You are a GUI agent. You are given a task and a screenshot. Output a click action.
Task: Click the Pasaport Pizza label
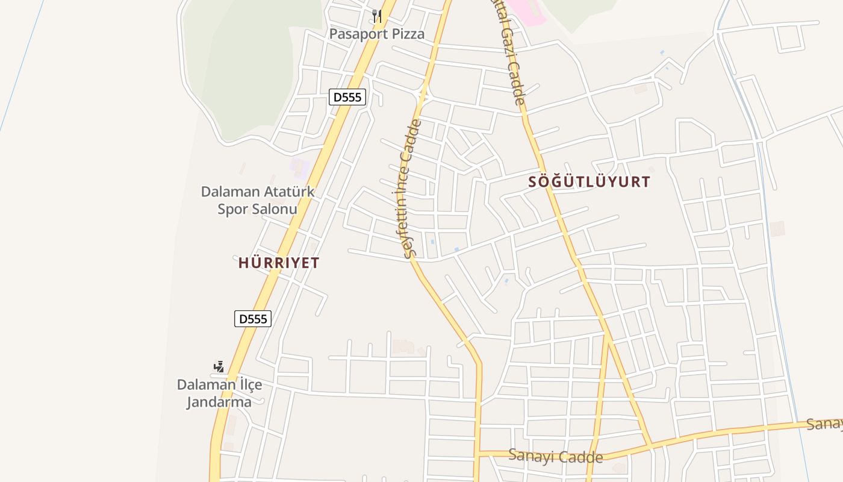coord(376,34)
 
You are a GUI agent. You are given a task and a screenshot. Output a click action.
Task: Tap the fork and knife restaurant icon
coord(377,16)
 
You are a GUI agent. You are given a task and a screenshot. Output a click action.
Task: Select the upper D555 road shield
coord(347,96)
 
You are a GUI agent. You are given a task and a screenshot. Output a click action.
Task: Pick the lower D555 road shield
coord(253,319)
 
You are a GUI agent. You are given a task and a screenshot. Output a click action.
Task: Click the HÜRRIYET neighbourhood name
coord(279,263)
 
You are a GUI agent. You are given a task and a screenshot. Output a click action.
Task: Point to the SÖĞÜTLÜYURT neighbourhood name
coord(589,181)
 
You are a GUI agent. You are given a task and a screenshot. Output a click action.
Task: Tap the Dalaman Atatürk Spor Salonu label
coord(258,200)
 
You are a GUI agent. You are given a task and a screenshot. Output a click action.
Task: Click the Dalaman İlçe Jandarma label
coord(219,393)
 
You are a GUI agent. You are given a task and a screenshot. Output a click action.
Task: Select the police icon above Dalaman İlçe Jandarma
coord(219,366)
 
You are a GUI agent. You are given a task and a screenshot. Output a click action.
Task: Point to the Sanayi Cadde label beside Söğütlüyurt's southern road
coord(555,456)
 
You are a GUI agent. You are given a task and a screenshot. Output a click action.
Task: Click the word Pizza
coord(408,34)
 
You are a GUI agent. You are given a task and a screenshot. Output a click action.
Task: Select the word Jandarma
coord(219,402)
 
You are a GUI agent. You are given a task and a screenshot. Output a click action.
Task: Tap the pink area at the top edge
coord(525,11)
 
